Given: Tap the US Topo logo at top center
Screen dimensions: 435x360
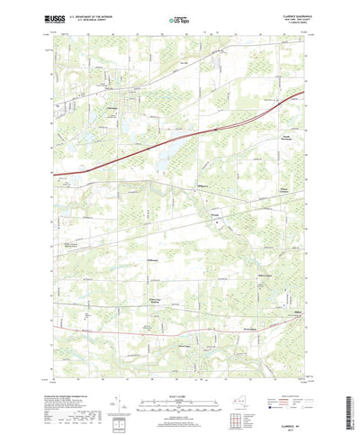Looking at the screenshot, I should point(179,16).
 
